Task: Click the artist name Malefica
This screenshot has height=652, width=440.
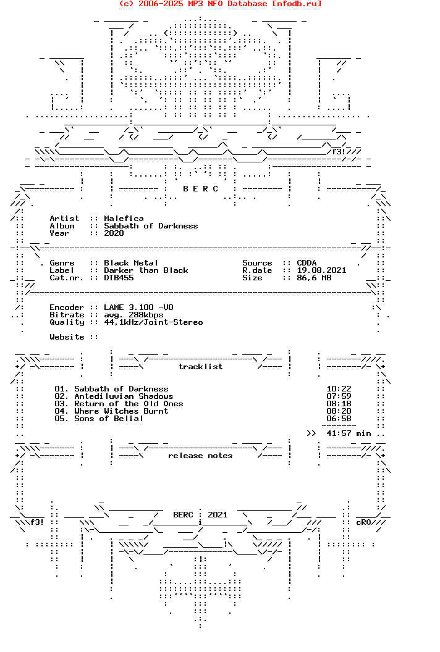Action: tap(124, 219)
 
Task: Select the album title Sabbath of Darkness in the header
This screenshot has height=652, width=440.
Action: tap(151, 226)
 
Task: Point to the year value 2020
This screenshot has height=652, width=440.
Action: tap(114, 233)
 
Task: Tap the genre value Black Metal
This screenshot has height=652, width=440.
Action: tap(131, 263)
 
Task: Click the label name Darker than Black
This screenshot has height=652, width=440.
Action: tap(146, 270)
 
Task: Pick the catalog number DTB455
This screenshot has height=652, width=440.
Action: tap(119, 278)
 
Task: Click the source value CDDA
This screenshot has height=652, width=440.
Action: tap(307, 263)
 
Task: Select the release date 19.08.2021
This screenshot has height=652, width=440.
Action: tap(321, 270)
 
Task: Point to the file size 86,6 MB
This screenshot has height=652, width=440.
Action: tap(314, 278)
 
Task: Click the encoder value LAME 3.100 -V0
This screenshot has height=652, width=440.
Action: tap(138, 307)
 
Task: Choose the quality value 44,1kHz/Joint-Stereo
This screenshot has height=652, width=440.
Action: tap(153, 322)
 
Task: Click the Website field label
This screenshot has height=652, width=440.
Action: tap(67, 337)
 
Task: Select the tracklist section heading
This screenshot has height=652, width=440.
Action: tap(201, 366)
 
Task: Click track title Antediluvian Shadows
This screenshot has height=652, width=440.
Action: tap(124, 396)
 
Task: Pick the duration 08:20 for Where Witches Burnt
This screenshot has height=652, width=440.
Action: tap(339, 411)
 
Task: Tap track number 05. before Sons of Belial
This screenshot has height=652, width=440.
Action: tap(61, 419)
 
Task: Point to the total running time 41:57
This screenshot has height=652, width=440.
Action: tap(339, 433)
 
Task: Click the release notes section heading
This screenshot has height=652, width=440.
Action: tap(200, 456)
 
